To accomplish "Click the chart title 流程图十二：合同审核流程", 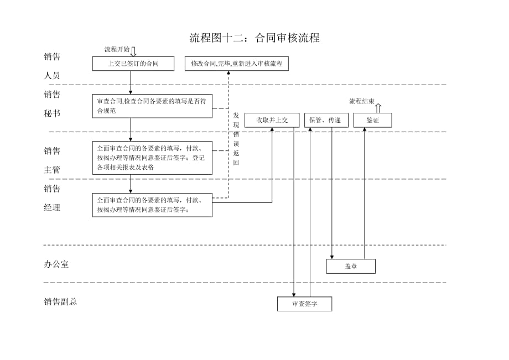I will pyautogui.click(x=254, y=38).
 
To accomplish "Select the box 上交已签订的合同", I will pyautogui.click(x=133, y=64).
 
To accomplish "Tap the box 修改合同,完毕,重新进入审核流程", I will pyautogui.click(x=236, y=64).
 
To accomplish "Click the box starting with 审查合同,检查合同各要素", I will pyautogui.click(x=152, y=106).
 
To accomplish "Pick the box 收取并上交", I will pyautogui.click(x=272, y=120).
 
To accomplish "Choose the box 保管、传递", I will pyautogui.click(x=326, y=120).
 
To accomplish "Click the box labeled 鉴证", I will pyautogui.click(x=372, y=120).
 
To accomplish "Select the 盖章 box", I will pyautogui.click(x=351, y=266).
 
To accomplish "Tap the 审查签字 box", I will pyautogui.click(x=304, y=304).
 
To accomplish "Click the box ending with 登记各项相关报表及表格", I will pyautogui.click(x=152, y=158).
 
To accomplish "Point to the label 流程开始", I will pyautogui.click(x=117, y=49).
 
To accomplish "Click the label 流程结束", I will pyautogui.click(x=362, y=101).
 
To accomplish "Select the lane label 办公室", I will pyautogui.click(x=56, y=264).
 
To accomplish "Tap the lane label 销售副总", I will pyautogui.click(x=60, y=302).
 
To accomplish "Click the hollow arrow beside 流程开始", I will pyautogui.click(x=133, y=51).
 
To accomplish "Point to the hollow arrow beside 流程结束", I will pyautogui.click(x=378, y=107).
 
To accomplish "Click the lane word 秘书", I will pyautogui.click(x=52, y=113).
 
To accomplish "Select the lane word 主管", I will pyautogui.click(x=52, y=170).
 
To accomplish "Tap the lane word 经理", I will pyautogui.click(x=52, y=207).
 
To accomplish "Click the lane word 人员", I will pyautogui.click(x=52, y=76).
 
